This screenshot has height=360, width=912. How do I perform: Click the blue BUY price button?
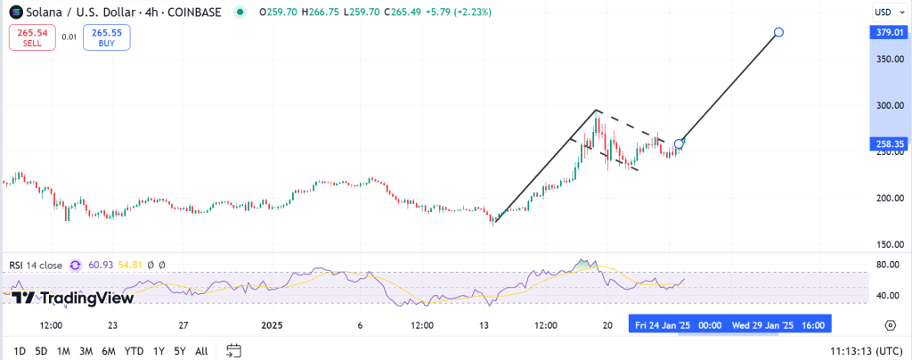(x=106, y=37)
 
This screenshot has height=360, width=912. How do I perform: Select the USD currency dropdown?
(x=883, y=12)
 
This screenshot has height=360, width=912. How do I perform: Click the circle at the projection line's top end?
(x=779, y=32)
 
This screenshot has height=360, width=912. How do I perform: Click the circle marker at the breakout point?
(x=680, y=143)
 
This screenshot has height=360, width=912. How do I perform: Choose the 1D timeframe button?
(x=19, y=350)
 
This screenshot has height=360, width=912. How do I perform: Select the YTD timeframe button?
(x=134, y=350)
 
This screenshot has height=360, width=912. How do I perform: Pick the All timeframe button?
(x=201, y=350)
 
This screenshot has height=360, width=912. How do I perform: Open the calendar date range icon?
(x=234, y=350)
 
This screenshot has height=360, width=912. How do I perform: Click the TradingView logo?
(x=73, y=298)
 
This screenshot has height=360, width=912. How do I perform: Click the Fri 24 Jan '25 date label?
(x=663, y=325)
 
